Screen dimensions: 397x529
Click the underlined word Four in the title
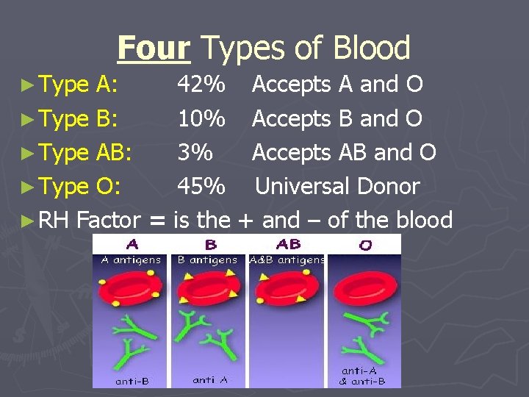pos(154,49)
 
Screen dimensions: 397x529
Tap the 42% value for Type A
pos(201,85)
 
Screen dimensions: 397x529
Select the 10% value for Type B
pos(201,118)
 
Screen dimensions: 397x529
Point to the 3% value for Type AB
pos(195,152)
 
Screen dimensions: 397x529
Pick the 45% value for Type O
pos(201,186)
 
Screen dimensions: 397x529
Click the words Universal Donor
pos(337,186)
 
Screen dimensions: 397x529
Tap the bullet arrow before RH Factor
pos(27,220)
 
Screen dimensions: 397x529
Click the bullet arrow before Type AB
pos(27,153)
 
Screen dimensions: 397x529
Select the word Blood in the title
pos(371,49)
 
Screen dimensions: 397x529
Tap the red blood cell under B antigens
pos(210,287)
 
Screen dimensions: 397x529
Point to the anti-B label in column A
pos(132,381)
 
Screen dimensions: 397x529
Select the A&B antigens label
pos(287,260)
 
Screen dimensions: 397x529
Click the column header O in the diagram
pos(365,246)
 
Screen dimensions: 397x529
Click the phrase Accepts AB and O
pos(344,152)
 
